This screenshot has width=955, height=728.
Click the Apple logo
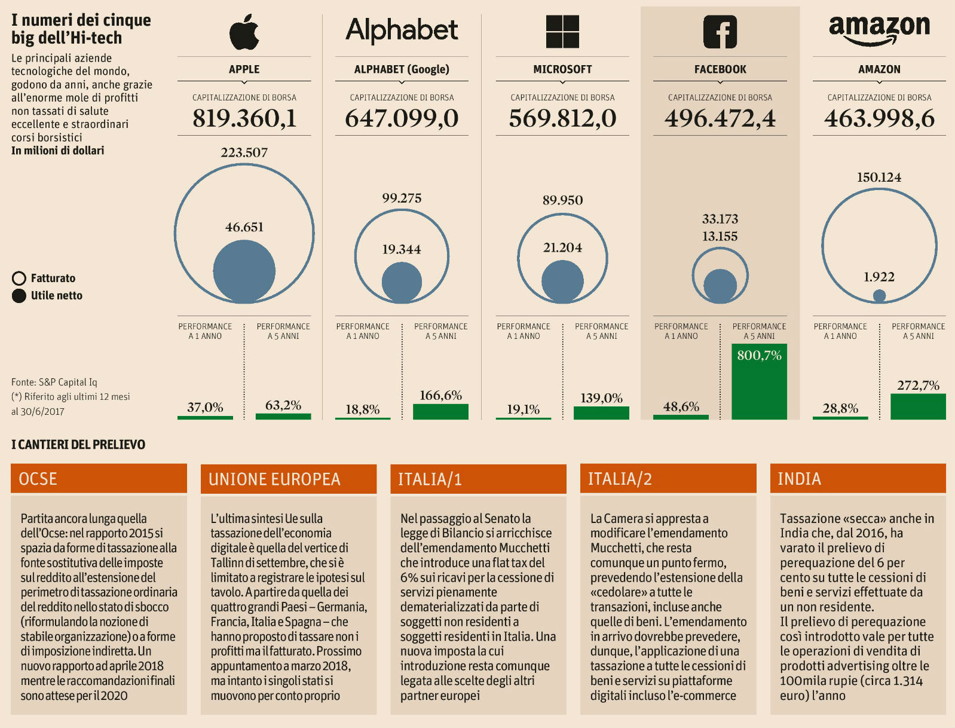244,32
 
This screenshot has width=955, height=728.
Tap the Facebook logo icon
720,32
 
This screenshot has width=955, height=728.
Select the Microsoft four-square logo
562,32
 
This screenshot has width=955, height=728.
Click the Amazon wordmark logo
879,29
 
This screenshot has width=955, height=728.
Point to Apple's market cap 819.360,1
244,118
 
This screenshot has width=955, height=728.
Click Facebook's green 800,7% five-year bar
759,383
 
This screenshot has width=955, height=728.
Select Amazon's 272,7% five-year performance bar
918,406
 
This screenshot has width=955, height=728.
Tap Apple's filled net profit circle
244,271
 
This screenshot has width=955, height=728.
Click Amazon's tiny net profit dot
879,295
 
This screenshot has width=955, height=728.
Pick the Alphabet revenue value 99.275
402,198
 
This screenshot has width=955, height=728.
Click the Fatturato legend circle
19,279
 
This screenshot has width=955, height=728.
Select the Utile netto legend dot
19,296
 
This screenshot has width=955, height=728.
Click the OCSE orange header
99,479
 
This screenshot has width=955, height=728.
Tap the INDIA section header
858,479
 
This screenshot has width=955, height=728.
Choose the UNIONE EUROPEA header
289,479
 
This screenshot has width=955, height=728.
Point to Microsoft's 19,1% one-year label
523,409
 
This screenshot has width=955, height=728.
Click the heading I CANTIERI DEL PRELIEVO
78,444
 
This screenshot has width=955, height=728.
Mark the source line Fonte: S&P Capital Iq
54,382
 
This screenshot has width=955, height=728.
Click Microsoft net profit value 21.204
562,247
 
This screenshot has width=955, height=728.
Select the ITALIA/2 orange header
668,479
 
